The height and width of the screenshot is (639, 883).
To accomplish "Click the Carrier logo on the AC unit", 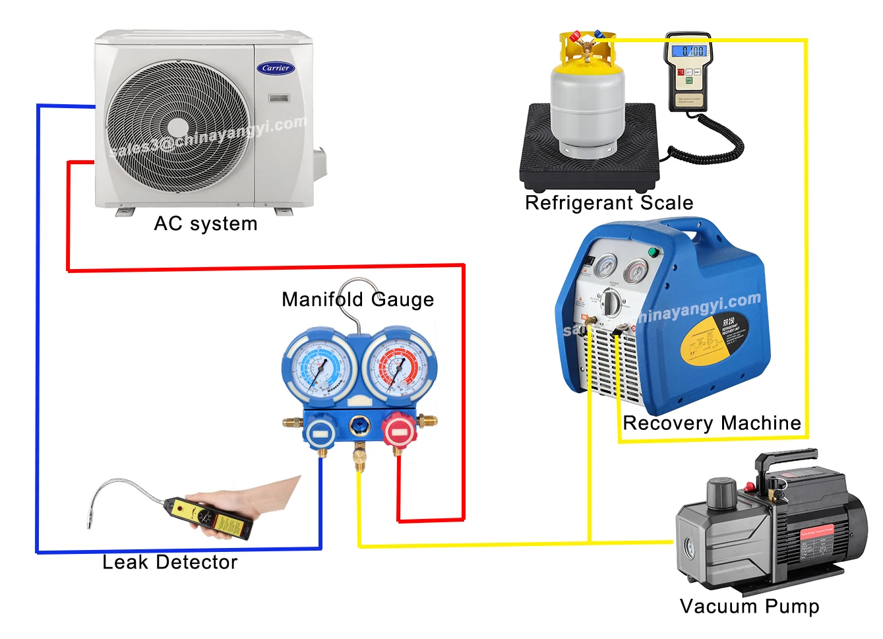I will (276, 68).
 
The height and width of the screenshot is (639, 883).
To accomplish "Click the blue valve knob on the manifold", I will (320, 433).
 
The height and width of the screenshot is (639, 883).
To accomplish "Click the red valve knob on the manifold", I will (398, 432).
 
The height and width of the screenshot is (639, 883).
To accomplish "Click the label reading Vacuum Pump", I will (749, 606).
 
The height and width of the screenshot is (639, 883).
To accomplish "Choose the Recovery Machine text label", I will (712, 423).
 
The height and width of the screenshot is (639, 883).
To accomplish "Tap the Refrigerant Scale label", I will (609, 202).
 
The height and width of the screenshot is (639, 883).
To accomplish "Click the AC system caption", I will (205, 224).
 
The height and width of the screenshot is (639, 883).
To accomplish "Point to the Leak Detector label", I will (169, 562).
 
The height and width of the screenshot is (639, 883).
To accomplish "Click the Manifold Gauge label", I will (357, 299).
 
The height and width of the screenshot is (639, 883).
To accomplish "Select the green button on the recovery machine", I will (654, 251).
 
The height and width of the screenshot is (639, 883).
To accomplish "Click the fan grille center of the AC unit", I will (178, 127).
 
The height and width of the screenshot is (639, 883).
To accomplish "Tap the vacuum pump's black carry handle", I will (785, 460).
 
